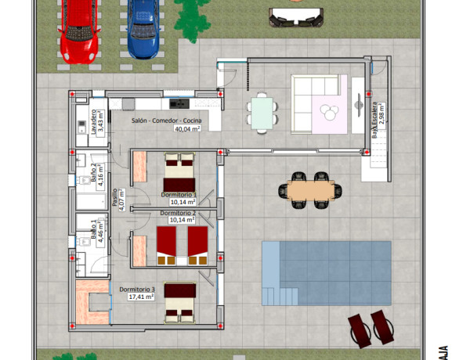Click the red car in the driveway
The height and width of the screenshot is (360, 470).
pyautogui.click(x=78, y=28)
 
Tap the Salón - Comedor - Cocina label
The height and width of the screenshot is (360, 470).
pyautogui.click(x=166, y=120)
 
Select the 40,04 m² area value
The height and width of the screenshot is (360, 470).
pyautogui.click(x=186, y=129)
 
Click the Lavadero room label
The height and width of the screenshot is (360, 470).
pyautogui.click(x=94, y=122)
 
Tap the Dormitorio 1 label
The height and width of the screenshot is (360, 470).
pyautogui.click(x=179, y=194)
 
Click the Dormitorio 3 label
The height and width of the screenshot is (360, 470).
pyautogui.click(x=138, y=290)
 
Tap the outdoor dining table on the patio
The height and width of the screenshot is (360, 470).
pyautogui.click(x=310, y=190)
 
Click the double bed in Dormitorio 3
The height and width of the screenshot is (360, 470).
pyautogui.click(x=179, y=302)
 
